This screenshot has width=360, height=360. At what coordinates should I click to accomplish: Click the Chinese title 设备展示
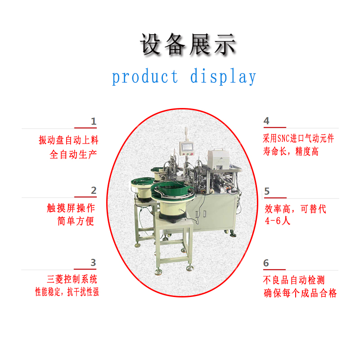(x=188, y=44)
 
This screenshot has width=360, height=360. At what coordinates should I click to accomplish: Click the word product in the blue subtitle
(x=145, y=76)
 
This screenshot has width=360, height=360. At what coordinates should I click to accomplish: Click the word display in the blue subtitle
(x=223, y=76)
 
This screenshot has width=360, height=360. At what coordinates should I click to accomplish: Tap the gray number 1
(x=94, y=121)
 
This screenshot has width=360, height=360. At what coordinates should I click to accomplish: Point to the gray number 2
(x=94, y=190)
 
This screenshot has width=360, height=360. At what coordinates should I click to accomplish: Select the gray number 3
(x=93, y=262)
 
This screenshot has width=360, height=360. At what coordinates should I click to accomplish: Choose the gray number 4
(x=266, y=121)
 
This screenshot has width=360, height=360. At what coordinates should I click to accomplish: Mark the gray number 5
(x=267, y=191)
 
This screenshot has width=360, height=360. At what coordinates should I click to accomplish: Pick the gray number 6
(x=266, y=263)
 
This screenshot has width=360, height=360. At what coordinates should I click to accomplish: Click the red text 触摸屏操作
(x=71, y=208)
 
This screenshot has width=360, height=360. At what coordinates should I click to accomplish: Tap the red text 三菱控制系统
(x=72, y=279)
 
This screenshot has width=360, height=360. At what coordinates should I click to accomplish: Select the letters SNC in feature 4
(x=284, y=139)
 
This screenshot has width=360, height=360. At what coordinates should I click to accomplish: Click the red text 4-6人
(x=278, y=221)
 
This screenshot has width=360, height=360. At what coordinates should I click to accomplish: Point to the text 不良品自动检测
(x=294, y=280)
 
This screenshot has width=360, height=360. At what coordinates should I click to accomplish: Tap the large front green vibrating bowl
(x=173, y=192)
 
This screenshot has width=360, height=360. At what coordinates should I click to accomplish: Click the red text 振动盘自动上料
(x=68, y=140)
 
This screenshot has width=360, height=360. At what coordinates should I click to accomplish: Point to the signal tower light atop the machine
(x=186, y=134)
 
